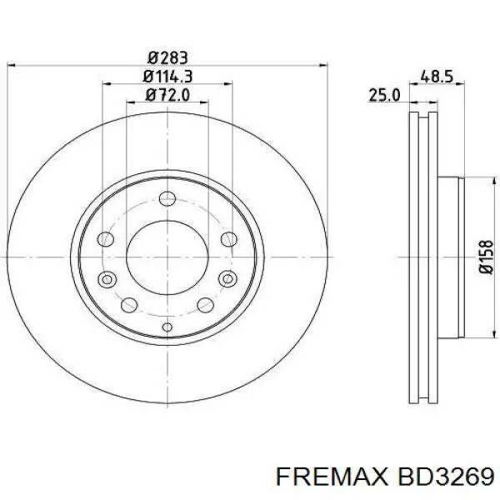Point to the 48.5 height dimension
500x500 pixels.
437,77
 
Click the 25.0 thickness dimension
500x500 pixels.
385,96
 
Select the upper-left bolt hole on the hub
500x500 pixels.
106,240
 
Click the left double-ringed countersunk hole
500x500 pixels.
106,278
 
